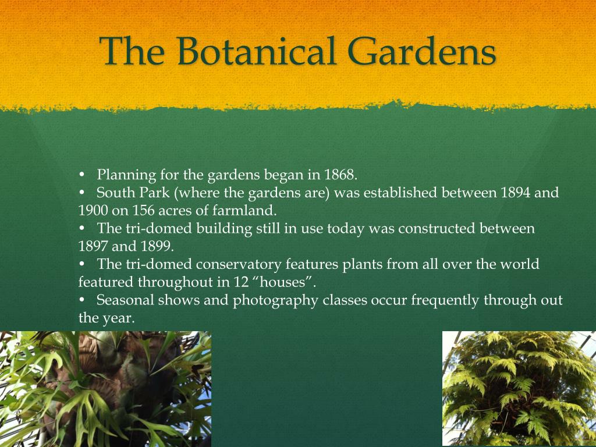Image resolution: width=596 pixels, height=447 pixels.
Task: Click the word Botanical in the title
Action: point(257,51)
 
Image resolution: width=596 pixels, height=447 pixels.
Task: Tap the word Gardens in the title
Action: point(421,51)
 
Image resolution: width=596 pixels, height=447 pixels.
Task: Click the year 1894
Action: point(516,192)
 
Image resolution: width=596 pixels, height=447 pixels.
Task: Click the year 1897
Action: point(93,246)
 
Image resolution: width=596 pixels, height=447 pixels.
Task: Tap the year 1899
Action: point(157,246)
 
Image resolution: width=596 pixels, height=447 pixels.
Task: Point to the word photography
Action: point(275,300)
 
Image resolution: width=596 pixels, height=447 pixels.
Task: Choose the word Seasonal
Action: point(125,300)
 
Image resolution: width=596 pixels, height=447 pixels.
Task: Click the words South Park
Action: point(133,192)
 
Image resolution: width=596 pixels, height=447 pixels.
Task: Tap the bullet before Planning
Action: point(81,175)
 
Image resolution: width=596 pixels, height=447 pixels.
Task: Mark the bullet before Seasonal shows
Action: point(81,300)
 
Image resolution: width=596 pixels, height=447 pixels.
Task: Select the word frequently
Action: point(445,300)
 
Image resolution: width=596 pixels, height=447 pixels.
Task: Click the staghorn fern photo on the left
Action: point(105,389)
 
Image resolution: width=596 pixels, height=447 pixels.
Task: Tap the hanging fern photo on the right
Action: point(519,388)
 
